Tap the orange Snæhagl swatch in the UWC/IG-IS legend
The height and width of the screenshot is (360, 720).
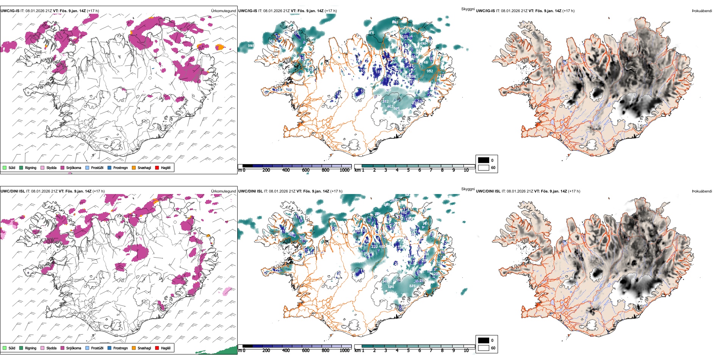[x=134, y=167]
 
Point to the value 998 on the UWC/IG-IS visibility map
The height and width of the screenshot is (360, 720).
[x=251, y=46]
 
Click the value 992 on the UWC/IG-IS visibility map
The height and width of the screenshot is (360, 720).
[x=430, y=71]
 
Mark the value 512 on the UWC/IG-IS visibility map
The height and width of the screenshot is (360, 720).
[x=385, y=102]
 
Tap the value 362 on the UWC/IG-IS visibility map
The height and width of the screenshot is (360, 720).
[x=271, y=41]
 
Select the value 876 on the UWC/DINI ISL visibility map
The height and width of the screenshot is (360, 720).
[x=412, y=286]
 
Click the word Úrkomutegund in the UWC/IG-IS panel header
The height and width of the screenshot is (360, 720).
[x=223, y=11]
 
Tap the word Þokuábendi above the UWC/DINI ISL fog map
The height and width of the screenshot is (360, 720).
[x=702, y=191]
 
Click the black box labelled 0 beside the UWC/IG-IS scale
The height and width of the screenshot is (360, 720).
[x=484, y=160]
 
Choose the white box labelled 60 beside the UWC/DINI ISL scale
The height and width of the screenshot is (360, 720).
[x=484, y=348]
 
